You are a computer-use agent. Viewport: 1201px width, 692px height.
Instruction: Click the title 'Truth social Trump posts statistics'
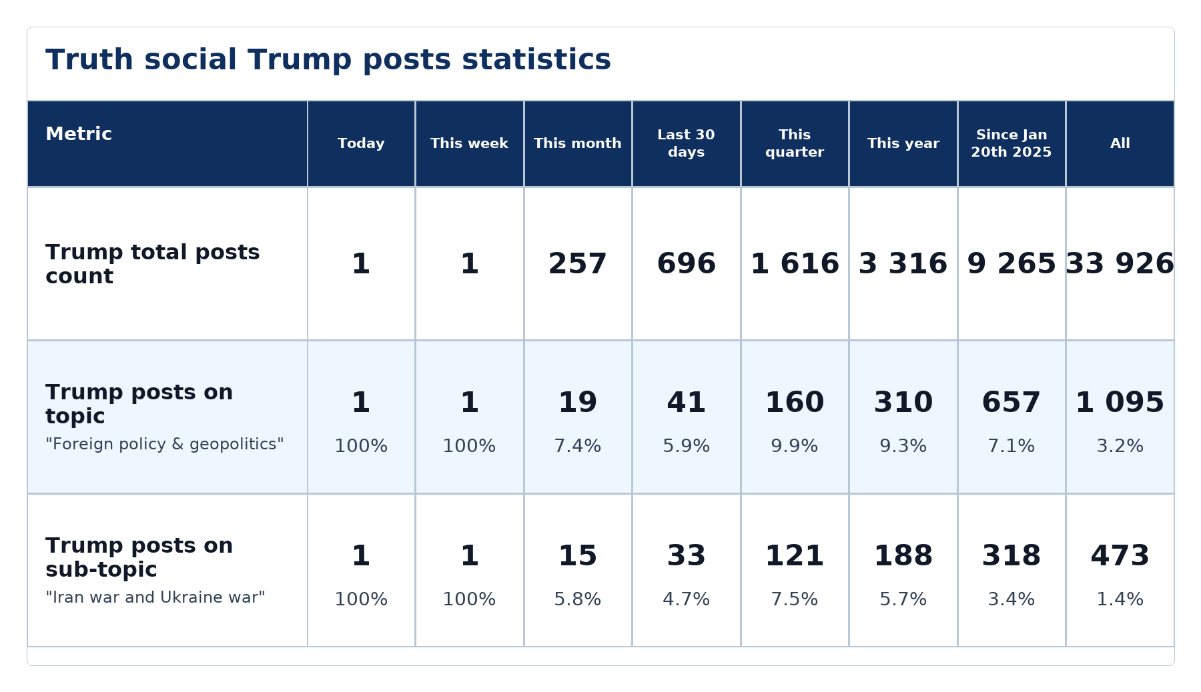(x=328, y=60)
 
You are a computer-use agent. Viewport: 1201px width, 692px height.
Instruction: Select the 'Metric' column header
(x=79, y=134)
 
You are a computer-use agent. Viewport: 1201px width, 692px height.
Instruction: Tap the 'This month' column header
(x=578, y=143)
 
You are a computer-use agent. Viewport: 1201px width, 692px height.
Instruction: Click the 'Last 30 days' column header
(x=686, y=143)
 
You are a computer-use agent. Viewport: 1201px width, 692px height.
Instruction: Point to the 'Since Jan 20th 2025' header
(x=1012, y=143)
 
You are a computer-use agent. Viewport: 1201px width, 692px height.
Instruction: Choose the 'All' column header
(x=1120, y=143)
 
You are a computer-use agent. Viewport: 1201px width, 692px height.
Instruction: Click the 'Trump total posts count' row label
(x=153, y=264)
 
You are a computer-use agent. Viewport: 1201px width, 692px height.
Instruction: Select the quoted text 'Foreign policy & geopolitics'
(x=165, y=444)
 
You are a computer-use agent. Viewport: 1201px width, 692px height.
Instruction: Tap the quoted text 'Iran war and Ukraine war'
(x=155, y=597)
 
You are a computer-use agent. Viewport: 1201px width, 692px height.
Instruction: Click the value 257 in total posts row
(x=578, y=264)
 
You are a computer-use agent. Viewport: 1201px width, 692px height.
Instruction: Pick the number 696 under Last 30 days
(x=686, y=264)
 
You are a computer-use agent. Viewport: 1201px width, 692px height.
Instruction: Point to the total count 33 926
(x=1120, y=264)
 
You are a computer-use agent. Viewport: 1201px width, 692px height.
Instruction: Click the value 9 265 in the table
(x=1012, y=264)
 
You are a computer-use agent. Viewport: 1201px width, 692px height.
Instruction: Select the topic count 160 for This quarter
(x=795, y=403)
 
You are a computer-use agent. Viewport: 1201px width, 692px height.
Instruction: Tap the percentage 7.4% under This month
(x=578, y=446)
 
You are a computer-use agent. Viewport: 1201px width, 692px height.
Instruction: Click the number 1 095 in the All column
(x=1120, y=403)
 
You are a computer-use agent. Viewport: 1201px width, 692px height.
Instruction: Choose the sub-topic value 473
(x=1120, y=556)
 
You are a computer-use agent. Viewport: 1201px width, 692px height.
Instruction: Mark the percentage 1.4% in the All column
(x=1120, y=599)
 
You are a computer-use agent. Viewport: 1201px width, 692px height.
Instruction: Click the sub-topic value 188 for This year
(x=903, y=556)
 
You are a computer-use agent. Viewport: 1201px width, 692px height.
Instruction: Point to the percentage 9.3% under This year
(x=903, y=446)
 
